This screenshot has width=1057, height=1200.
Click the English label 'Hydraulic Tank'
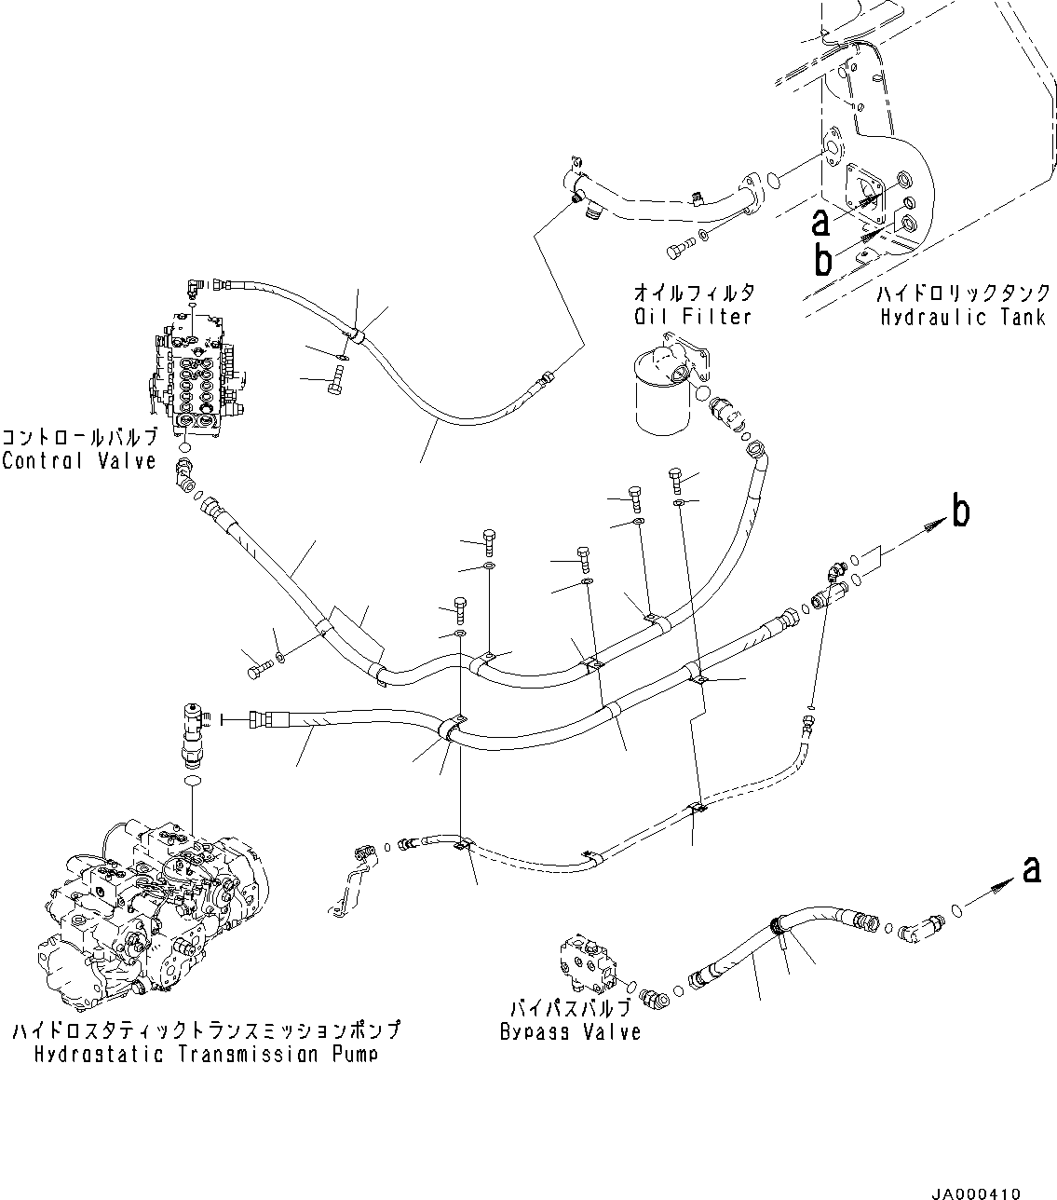tap(962, 318)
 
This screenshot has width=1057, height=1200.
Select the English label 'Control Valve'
tap(79, 460)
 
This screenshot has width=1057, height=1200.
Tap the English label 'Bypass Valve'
tap(570, 1031)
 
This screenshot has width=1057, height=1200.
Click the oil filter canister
tap(663, 396)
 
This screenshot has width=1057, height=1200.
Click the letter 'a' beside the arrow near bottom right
tap(1030, 870)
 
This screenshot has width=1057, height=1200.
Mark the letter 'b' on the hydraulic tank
tap(822, 260)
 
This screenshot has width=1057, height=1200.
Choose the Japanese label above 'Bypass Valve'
tap(570, 1009)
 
